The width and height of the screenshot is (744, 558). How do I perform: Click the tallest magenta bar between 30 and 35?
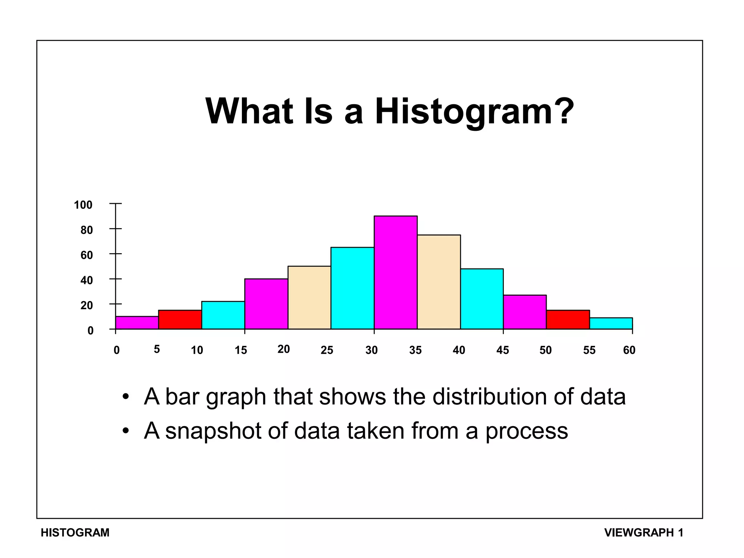[x=396, y=272]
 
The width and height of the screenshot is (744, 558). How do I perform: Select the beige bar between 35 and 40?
[x=439, y=282]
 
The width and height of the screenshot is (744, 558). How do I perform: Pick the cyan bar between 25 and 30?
[x=352, y=288]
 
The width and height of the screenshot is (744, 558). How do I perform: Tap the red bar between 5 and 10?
[x=180, y=320]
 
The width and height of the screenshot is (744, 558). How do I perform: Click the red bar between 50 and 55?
[x=568, y=320]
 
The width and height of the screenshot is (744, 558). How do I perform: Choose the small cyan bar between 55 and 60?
[x=611, y=323]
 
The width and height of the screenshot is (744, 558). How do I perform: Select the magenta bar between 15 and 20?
[x=266, y=304]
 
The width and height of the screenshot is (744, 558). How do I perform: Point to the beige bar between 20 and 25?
[x=309, y=298]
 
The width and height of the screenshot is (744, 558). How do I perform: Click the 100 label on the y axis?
[x=83, y=205]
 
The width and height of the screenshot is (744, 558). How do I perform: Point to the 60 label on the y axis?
[x=86, y=255]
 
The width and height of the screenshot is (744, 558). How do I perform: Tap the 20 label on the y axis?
[x=86, y=306]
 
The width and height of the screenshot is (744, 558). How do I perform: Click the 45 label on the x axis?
[x=503, y=350]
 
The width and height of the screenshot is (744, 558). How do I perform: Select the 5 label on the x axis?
[x=157, y=349]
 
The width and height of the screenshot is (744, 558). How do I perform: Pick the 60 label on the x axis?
[x=629, y=350]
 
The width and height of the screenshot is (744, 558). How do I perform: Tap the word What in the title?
[x=249, y=111]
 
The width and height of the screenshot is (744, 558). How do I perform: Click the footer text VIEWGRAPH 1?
[x=644, y=533]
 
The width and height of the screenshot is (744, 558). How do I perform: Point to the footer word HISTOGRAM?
[x=75, y=533]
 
